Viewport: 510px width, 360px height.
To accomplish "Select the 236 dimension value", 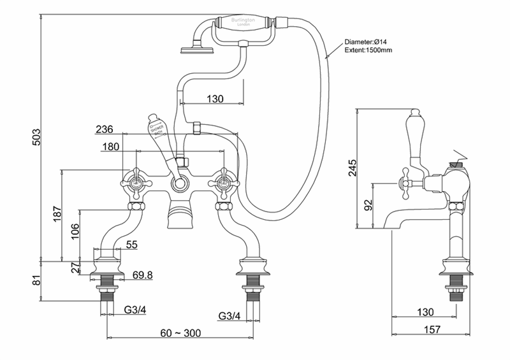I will click(105, 129).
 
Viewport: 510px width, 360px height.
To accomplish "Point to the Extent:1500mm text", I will click(369, 50).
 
